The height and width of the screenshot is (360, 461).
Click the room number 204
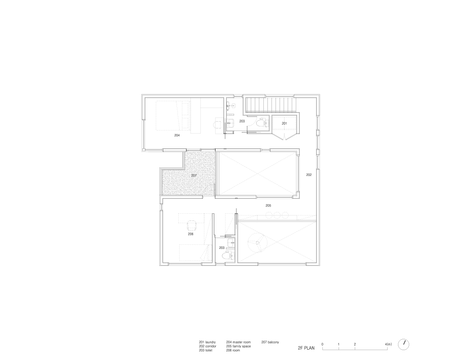(x=176, y=135)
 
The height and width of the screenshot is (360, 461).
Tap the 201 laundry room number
(x=285, y=123)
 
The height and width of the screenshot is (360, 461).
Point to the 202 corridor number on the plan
(x=309, y=175)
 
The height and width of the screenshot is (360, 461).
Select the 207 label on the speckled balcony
(x=194, y=175)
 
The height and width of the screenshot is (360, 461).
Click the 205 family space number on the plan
(x=268, y=205)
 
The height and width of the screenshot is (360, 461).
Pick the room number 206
(x=191, y=234)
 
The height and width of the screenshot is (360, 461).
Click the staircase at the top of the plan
(x=270, y=105)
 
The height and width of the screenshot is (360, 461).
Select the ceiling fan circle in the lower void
(x=257, y=242)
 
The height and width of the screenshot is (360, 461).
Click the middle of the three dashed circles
(x=277, y=215)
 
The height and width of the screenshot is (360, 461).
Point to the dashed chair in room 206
(x=192, y=226)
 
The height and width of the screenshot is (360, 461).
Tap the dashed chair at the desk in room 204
(x=218, y=124)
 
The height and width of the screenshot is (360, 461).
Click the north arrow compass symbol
(x=403, y=344)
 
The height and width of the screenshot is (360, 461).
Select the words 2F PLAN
(x=306, y=348)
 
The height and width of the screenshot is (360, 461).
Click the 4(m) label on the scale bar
(x=389, y=344)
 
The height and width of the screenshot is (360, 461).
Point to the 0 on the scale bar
(x=322, y=344)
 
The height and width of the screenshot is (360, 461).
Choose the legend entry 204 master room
(x=239, y=342)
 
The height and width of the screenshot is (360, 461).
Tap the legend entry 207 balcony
(x=270, y=342)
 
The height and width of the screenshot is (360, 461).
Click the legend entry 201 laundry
(x=207, y=342)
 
